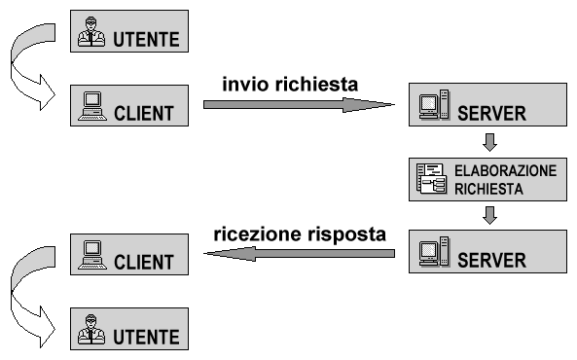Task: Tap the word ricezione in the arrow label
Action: click(x=256, y=234)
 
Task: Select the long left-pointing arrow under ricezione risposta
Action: click(x=298, y=254)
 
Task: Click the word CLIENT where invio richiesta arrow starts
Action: click(x=144, y=113)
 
